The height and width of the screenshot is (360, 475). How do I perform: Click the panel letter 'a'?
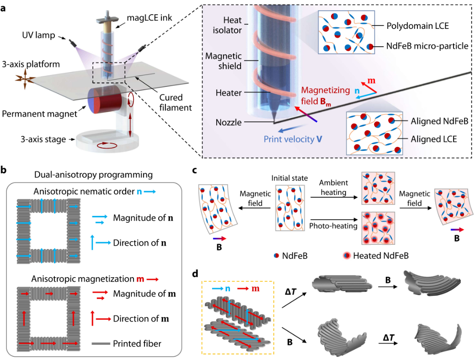[x=5, y=8]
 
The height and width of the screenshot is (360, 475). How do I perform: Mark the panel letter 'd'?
[x=195, y=274]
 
